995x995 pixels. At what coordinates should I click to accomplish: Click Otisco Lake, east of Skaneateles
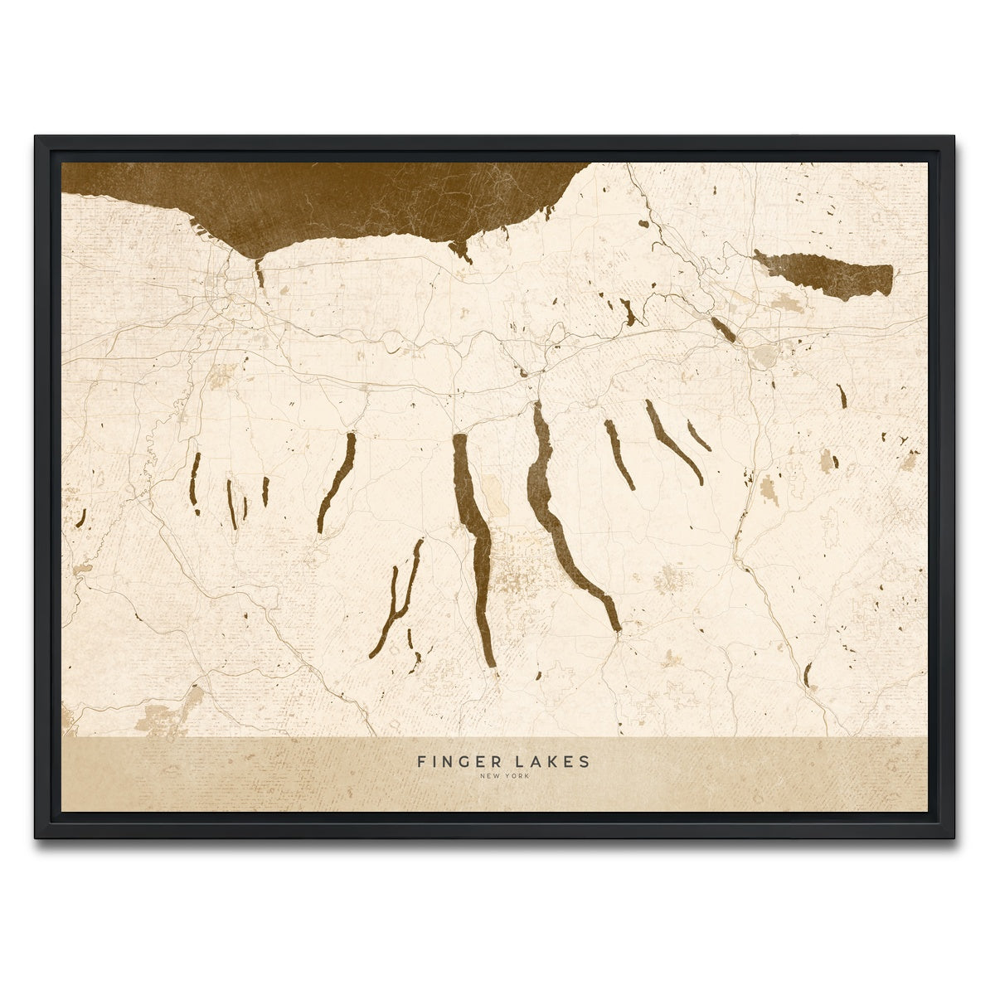[698, 435]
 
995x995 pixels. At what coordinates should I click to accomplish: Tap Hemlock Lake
[231, 502]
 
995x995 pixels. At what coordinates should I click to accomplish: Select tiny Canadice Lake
[245, 507]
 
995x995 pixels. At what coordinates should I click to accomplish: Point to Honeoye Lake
[265, 491]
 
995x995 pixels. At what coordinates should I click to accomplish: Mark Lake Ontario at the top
[332, 199]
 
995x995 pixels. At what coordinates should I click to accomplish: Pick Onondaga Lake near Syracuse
[723, 328]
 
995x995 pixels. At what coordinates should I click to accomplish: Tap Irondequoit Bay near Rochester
[260, 274]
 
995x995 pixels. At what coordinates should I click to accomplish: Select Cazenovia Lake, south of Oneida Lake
[842, 396]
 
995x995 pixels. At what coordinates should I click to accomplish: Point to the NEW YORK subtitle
[503, 776]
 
